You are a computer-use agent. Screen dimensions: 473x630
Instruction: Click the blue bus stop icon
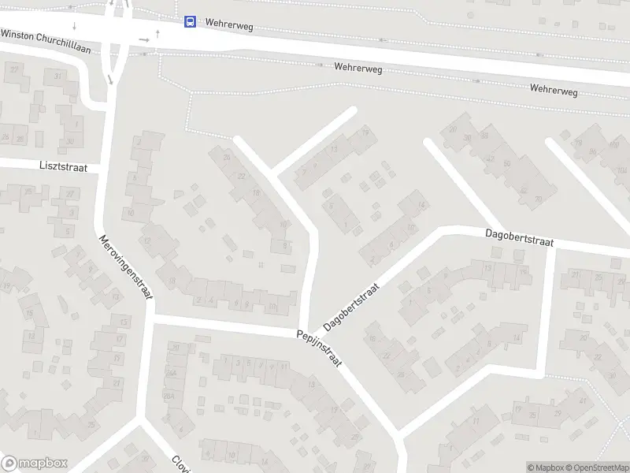[190, 22]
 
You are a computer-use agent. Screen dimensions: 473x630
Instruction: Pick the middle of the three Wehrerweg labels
[358, 69]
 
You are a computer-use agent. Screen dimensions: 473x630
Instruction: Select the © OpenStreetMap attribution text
[598, 467]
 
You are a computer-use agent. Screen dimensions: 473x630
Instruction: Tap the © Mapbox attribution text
[545, 467]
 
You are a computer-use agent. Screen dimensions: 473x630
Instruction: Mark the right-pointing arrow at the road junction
[144, 39]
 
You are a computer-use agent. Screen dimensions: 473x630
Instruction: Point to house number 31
[58, 76]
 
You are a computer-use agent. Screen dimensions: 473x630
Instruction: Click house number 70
[539, 199]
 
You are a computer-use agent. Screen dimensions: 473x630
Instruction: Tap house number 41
[583, 400]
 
